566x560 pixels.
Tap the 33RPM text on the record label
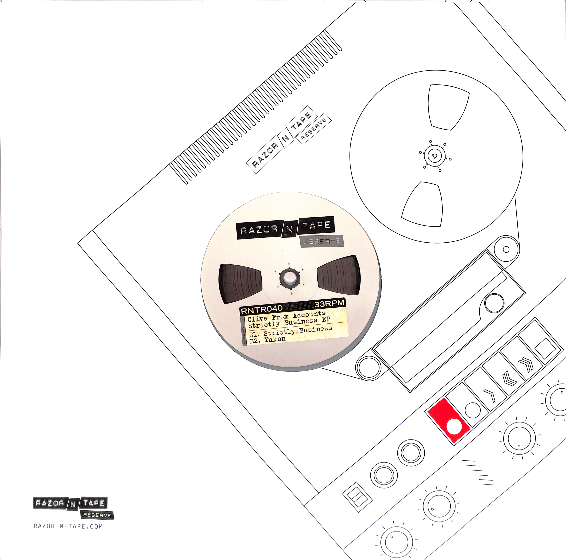click(x=329, y=303)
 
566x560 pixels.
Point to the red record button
click(x=449, y=420)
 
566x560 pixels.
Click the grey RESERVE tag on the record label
click(x=321, y=241)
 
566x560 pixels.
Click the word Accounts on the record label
click(x=309, y=314)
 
